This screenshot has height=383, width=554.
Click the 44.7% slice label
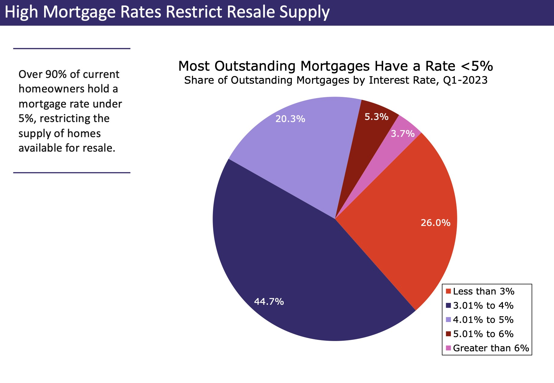pyautogui.click(x=269, y=301)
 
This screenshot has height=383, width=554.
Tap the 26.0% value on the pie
pyautogui.click(x=435, y=223)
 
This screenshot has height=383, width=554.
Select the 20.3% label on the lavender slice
pyautogui.click(x=290, y=119)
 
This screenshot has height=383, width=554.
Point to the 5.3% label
pyautogui.click(x=376, y=117)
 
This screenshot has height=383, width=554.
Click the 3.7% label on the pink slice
pyautogui.click(x=402, y=134)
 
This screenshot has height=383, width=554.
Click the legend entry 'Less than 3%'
pyautogui.click(x=484, y=291)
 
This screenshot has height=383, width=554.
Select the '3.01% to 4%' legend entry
pyautogui.click(x=483, y=306)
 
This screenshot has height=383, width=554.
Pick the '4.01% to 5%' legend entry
pyautogui.click(x=483, y=320)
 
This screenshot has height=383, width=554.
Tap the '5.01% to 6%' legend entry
pyautogui.click(x=483, y=334)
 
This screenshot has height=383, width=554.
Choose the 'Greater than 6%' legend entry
pyautogui.click(x=491, y=348)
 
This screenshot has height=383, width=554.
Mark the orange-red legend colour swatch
pyautogui.click(x=448, y=291)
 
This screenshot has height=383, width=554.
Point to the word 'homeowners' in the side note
pyautogui.click(x=51, y=89)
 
